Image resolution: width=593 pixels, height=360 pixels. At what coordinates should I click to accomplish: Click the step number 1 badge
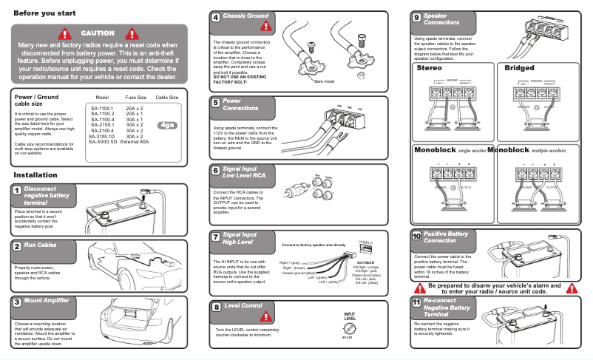pos(16,190)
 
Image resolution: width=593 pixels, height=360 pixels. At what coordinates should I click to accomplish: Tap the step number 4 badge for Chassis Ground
pos(216,17)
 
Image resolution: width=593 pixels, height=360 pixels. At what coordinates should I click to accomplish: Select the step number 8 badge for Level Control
pos(216,306)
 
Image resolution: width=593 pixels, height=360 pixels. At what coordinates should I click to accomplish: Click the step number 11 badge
pos(417,302)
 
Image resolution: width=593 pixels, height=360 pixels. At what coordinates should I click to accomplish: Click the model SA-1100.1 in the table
pos(103,108)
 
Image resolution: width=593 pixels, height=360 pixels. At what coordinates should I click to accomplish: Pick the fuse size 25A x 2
pos(135,108)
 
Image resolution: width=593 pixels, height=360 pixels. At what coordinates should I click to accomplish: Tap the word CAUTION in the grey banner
pos(98,33)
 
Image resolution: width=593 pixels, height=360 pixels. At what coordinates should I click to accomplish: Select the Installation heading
pos(35,175)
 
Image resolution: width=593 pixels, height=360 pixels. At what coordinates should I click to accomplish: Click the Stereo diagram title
pos(430,68)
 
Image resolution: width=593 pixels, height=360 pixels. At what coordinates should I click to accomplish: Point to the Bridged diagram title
pos(519,68)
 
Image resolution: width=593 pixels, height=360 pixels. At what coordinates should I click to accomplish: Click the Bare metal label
pos(324,81)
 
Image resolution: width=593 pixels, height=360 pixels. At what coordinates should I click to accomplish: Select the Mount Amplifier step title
pos(47,302)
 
